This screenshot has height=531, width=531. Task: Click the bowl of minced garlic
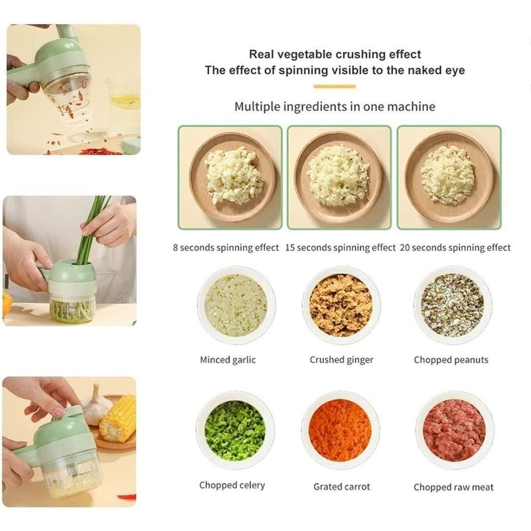tap(236, 305)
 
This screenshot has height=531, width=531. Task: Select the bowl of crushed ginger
tap(341, 305)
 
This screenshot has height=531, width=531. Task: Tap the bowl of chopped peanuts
tap(452, 305)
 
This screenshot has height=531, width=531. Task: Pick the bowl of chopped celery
tap(235, 431)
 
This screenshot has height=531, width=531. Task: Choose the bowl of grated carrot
tap(340, 431)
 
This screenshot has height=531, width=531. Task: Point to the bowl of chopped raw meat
tap(454, 431)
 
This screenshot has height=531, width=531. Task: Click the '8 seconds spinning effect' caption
tap(226, 247)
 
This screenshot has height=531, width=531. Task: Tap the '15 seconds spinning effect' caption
tap(340, 247)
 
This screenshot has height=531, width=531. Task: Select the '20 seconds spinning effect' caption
tap(455, 247)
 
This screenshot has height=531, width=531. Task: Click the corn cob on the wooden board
tap(118, 418)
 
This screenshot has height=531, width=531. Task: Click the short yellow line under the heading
tap(334, 87)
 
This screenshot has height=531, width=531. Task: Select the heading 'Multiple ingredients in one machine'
tap(335, 106)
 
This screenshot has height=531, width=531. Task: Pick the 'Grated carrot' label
tap(341, 486)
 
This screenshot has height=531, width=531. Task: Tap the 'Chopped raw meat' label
tap(453, 487)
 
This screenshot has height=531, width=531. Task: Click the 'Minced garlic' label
tap(228, 360)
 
